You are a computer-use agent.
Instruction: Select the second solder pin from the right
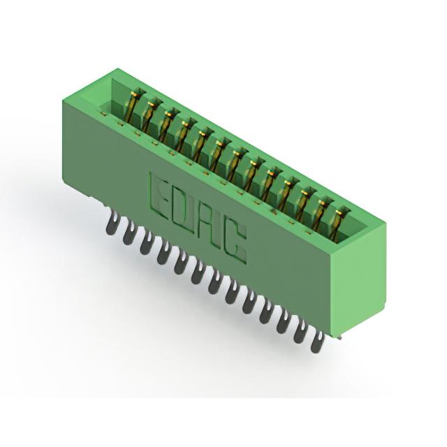302,332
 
